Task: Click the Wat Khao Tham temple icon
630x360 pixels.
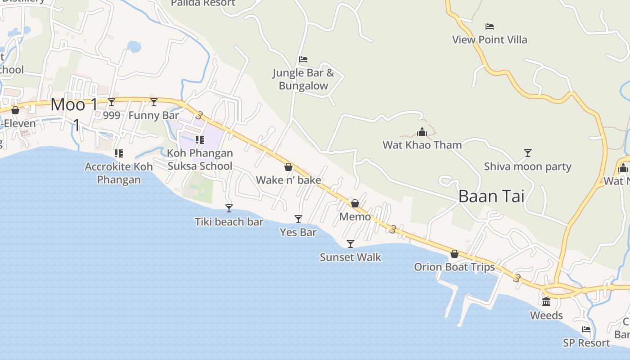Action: (x=422, y=132)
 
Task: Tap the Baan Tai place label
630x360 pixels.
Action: (x=491, y=196)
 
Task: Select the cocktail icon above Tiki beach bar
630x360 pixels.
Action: (x=229, y=208)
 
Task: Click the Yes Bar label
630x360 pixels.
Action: (x=298, y=232)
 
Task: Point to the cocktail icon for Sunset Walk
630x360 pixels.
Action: (x=351, y=243)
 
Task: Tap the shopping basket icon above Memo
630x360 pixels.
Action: (x=355, y=203)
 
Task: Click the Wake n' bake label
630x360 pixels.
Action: (x=288, y=180)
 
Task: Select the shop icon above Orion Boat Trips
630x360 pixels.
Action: (x=454, y=254)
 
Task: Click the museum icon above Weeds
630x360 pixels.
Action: (x=546, y=301)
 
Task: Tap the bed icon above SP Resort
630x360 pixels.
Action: (x=586, y=329)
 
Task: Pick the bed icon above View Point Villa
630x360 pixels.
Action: (x=490, y=27)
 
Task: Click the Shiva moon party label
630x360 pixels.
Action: (x=527, y=166)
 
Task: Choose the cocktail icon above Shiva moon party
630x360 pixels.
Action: (x=528, y=153)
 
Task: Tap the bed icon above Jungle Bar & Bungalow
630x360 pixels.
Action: (x=303, y=59)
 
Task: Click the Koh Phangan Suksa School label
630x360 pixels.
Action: (x=200, y=159)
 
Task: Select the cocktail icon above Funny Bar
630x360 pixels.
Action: (x=154, y=102)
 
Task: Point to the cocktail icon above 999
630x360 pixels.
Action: (x=112, y=102)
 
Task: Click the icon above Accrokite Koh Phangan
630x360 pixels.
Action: (x=119, y=153)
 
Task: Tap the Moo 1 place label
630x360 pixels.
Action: (x=74, y=105)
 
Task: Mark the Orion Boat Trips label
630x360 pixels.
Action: (x=454, y=267)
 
